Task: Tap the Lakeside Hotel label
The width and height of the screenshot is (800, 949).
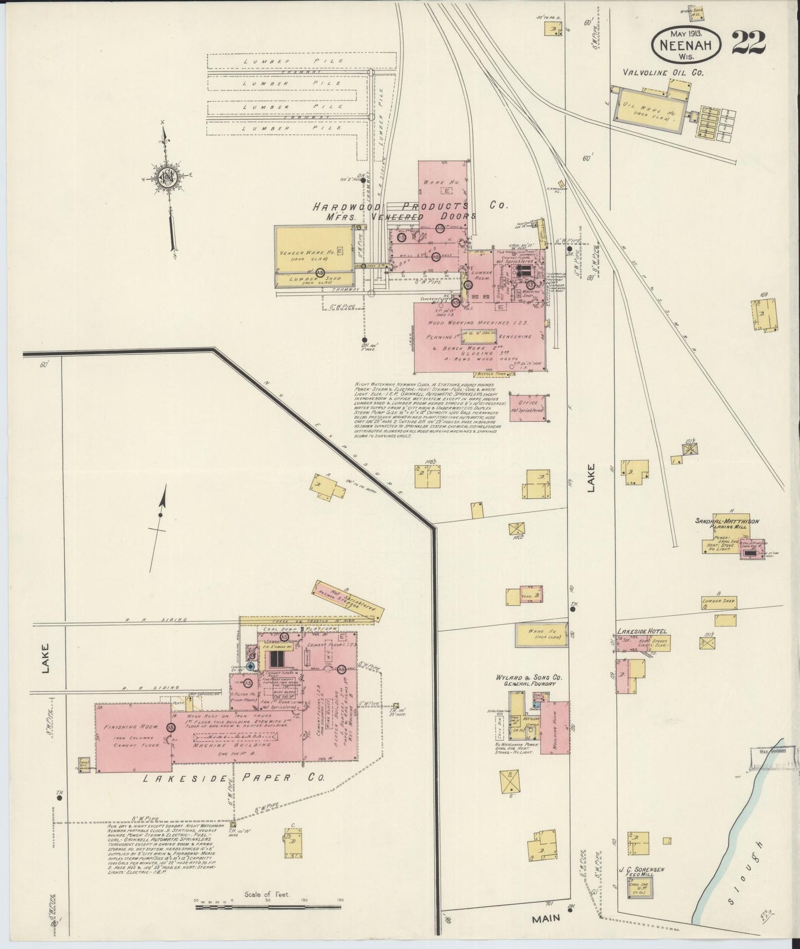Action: (642, 631)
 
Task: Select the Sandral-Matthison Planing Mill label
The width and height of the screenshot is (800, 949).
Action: (727, 524)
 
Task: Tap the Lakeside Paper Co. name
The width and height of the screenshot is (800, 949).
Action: (234, 777)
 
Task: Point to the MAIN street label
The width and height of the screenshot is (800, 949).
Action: (546, 918)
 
